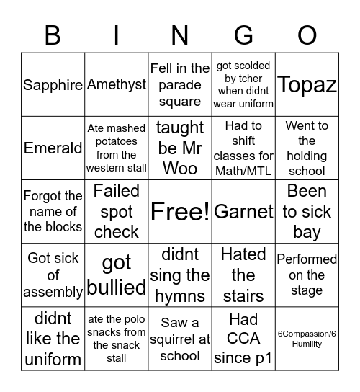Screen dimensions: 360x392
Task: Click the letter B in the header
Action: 53,35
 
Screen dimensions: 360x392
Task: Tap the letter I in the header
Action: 117,35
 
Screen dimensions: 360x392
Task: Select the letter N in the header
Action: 180,35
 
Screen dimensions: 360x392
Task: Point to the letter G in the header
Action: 243,35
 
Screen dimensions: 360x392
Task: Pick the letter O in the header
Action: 307,35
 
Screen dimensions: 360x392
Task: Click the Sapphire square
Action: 53,85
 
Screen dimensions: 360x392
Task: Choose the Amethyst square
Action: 117,85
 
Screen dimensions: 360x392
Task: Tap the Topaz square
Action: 307,85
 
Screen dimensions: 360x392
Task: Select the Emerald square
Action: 53,148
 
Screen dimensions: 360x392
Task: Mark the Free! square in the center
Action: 180,211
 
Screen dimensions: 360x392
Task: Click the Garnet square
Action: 243,211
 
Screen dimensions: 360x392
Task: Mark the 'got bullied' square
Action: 117,275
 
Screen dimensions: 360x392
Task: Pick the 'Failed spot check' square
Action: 117,211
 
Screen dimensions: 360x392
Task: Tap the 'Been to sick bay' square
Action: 307,211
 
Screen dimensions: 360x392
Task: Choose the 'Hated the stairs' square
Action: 243,275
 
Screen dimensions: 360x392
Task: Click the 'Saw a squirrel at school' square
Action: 180,339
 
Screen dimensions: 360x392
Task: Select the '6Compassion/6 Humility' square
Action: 307,339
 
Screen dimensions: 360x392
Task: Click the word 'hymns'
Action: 180,295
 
